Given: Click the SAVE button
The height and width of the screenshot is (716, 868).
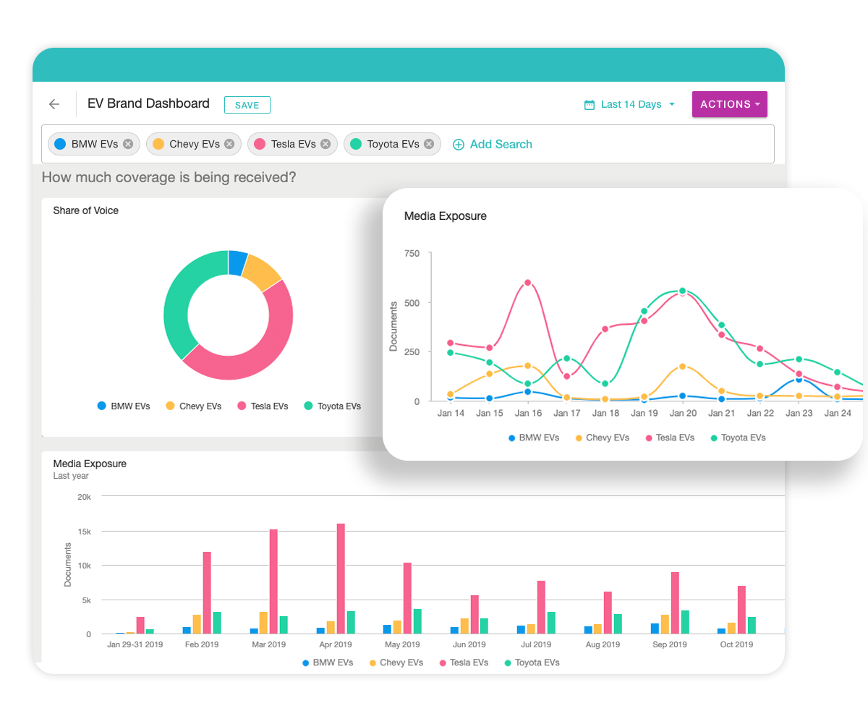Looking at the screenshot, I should click(247, 105).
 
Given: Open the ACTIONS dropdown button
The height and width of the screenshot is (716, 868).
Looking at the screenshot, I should click(729, 104).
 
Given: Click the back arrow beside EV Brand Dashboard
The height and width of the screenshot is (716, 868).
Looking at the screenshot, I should click(54, 104).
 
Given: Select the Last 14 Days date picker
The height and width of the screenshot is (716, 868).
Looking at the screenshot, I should click(630, 105).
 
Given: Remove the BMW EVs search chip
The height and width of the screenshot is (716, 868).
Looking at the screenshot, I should click(128, 144).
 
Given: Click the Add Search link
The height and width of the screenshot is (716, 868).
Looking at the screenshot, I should click(493, 144).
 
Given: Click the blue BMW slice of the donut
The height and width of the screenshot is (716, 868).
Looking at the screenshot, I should click(237, 263).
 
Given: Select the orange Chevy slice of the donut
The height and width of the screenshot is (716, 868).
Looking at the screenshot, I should click(261, 272).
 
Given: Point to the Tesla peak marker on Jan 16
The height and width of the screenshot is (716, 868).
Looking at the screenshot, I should click(527, 283).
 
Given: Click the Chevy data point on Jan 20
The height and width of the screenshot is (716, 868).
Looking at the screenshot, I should click(683, 367).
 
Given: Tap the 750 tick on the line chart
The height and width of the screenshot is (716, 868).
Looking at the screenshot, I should click(412, 253).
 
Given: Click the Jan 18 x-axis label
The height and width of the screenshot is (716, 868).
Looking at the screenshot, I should click(605, 414).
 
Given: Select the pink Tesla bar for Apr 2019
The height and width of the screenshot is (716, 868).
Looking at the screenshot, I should click(341, 579).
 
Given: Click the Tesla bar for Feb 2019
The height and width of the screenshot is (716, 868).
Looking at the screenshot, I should click(207, 593).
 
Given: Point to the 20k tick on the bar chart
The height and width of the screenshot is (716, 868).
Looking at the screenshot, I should click(84, 497).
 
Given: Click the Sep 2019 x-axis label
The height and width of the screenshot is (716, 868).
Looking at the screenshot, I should click(670, 644).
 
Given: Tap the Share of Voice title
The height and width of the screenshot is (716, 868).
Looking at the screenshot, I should click(85, 210).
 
